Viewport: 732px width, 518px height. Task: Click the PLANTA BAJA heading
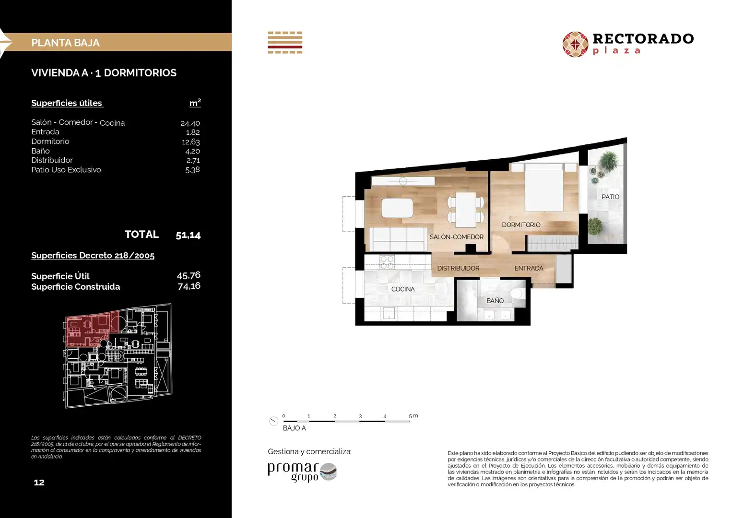pos(65,43)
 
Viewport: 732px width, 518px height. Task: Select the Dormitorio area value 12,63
pos(191,142)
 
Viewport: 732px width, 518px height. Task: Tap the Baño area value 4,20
pos(192,151)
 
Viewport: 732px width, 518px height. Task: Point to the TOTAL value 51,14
pos(188,235)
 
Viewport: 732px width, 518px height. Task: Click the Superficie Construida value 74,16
pos(189,286)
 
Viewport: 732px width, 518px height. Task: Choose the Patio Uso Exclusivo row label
pos(66,170)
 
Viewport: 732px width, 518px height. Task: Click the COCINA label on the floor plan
pos(403,289)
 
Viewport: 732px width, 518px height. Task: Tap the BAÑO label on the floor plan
pos(495,301)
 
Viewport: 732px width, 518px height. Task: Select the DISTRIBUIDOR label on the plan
pos(458,268)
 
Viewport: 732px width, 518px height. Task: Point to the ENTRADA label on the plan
pos(529,268)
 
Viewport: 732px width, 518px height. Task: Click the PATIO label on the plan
pos(611,197)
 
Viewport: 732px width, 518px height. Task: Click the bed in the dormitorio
pos(544,187)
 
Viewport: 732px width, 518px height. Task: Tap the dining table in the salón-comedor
pos(466,210)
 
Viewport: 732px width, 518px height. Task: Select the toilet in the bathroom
pos(517,293)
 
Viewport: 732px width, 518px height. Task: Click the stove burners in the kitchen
pos(387,263)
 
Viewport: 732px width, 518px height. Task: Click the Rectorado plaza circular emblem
pos(576,45)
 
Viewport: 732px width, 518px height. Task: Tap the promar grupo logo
pos(302,472)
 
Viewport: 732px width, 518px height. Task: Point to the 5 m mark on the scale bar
pos(411,416)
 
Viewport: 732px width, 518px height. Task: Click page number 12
pos(39,483)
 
